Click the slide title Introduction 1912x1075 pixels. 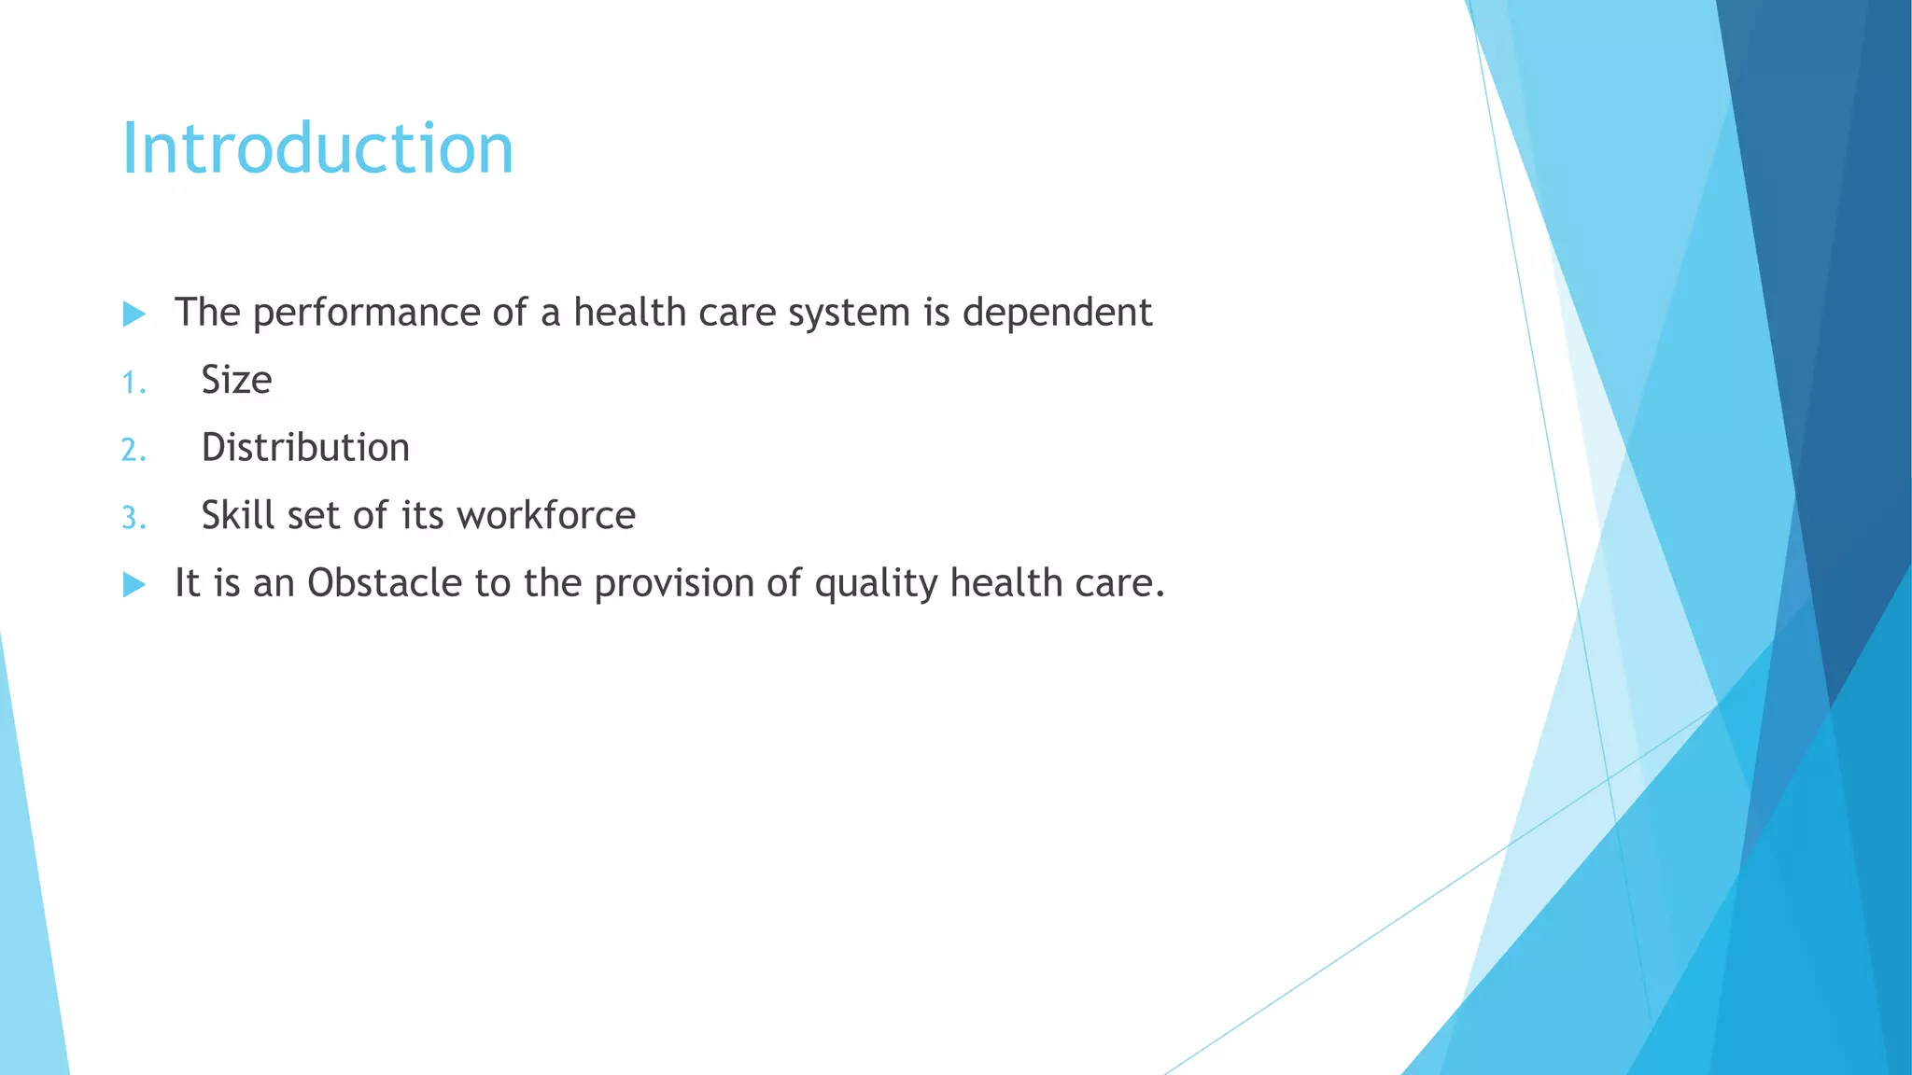317,149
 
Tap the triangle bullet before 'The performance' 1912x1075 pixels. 134,314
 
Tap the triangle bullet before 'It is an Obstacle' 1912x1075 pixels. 134,585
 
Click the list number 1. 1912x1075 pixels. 134,383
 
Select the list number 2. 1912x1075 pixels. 134,451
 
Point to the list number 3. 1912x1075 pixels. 134,518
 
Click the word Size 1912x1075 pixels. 236,381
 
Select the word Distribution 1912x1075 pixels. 305,448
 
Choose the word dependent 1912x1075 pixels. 1057,314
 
